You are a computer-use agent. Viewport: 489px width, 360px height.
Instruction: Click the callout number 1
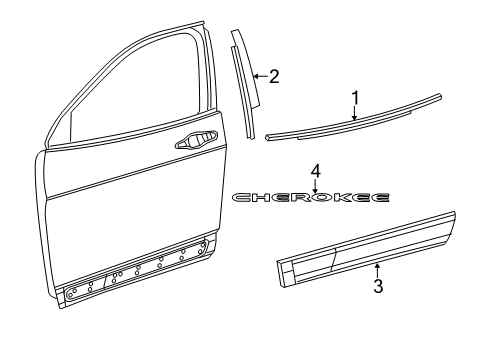pyautogui.click(x=354, y=97)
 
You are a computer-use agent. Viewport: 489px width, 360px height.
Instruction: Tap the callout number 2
pyautogui.click(x=273, y=75)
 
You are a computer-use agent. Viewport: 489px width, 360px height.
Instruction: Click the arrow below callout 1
pyautogui.click(x=354, y=114)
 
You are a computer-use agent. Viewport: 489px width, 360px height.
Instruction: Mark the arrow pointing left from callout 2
pyautogui.click(x=258, y=76)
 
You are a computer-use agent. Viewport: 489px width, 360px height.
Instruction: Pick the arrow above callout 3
pyautogui.click(x=377, y=268)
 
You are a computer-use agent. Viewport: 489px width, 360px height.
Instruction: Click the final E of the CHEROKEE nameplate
pyautogui.click(x=381, y=198)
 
